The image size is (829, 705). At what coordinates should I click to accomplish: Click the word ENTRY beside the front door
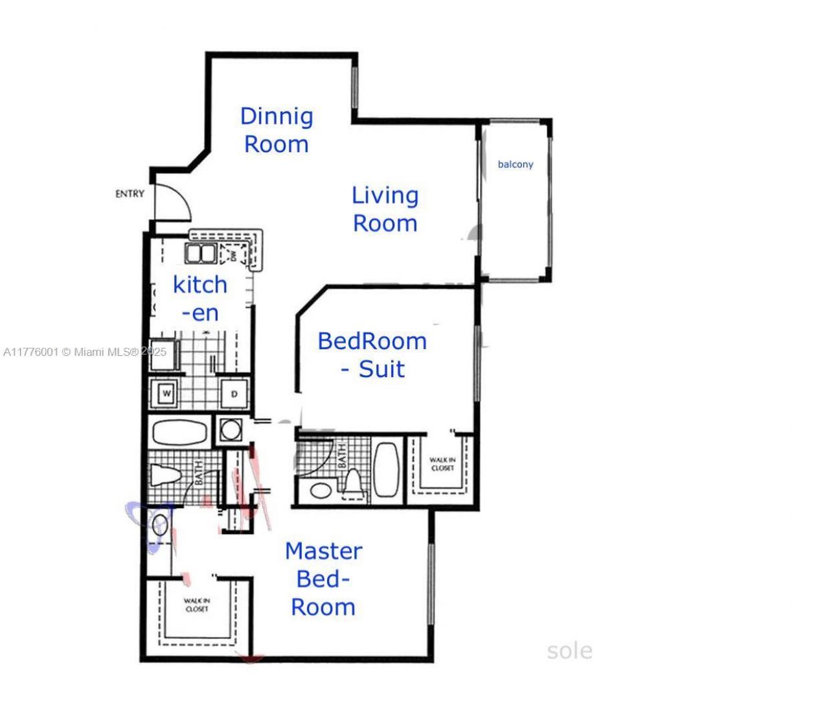pyautogui.click(x=130, y=194)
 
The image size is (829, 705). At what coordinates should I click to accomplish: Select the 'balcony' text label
pyautogui.click(x=515, y=165)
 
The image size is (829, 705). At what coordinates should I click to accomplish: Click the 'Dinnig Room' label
pyautogui.click(x=277, y=130)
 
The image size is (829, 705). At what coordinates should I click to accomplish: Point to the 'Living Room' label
pyautogui.click(x=385, y=209)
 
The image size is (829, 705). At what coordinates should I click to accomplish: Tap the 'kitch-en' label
pyautogui.click(x=200, y=299)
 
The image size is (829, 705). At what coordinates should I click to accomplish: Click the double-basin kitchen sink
pyautogui.click(x=201, y=253)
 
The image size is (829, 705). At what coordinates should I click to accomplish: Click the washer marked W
pyautogui.click(x=166, y=394)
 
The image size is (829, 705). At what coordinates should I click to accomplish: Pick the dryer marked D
pyautogui.click(x=234, y=394)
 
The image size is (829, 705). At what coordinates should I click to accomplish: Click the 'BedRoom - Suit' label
pyautogui.click(x=372, y=355)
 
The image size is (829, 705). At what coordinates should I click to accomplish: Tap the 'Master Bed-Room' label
pyautogui.click(x=323, y=579)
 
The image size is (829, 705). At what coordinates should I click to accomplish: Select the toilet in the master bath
pyautogui.click(x=166, y=475)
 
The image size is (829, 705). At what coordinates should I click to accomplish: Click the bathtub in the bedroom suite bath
pyautogui.click(x=387, y=470)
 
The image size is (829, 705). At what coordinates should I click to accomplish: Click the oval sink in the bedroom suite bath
pyautogui.click(x=320, y=489)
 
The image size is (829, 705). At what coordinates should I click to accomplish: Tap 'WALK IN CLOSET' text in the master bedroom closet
pyautogui.click(x=197, y=605)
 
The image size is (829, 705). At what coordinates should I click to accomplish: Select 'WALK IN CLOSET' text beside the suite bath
pyautogui.click(x=442, y=464)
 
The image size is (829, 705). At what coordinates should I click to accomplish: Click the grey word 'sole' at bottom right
pyautogui.click(x=569, y=651)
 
